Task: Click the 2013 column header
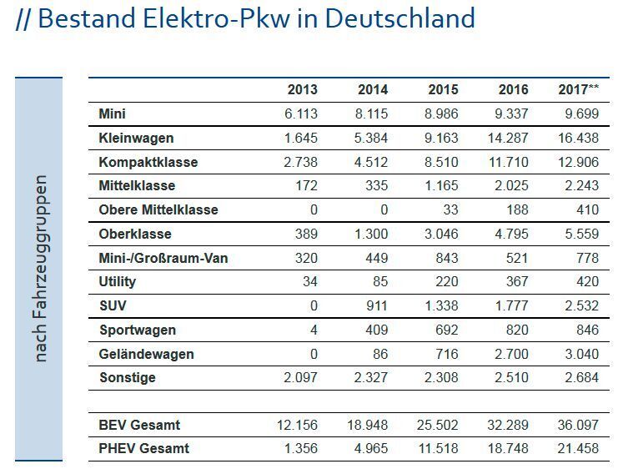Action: click(x=302, y=90)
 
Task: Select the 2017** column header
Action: click(x=578, y=90)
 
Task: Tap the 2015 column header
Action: click(x=443, y=90)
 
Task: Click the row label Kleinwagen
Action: click(x=136, y=138)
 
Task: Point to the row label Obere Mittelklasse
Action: click(x=158, y=209)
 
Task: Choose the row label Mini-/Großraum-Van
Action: click(x=163, y=258)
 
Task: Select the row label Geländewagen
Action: click(x=146, y=354)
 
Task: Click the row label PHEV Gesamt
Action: click(x=143, y=448)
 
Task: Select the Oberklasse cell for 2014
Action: click(x=372, y=234)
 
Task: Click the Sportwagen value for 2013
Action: click(x=313, y=330)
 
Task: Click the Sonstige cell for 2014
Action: click(x=372, y=378)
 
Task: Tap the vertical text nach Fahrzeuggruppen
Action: click(x=40, y=268)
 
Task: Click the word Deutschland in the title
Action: click(x=399, y=18)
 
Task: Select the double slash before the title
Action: click(x=23, y=19)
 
